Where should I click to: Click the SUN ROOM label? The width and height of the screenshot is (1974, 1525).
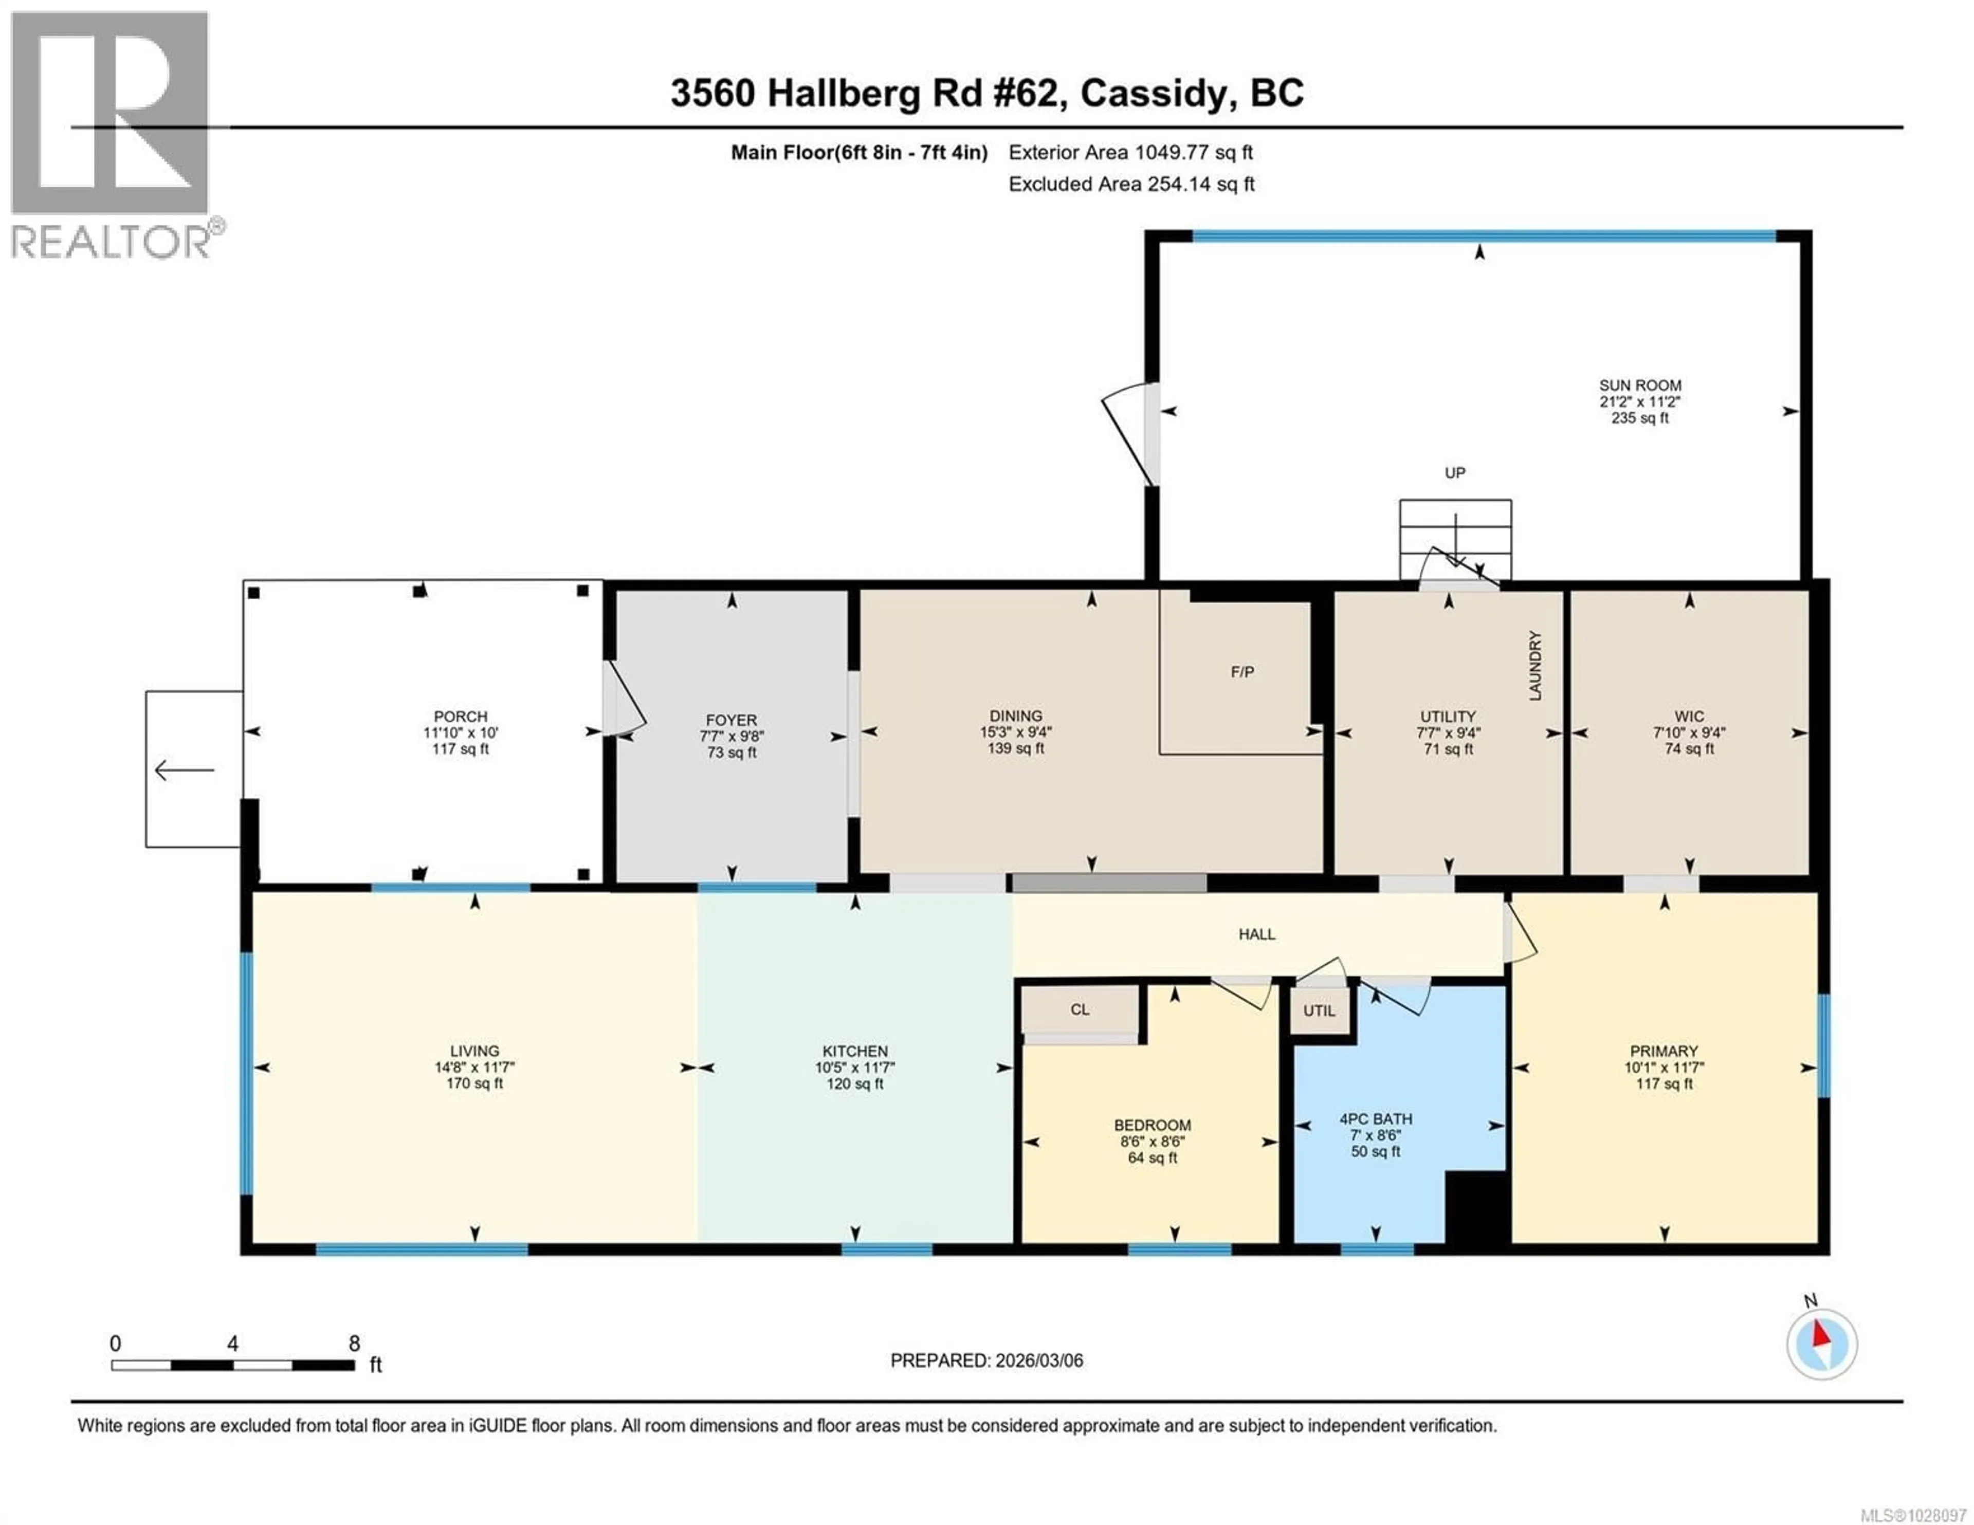pyautogui.click(x=1639, y=385)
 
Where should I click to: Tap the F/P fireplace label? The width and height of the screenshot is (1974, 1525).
pyautogui.click(x=1242, y=672)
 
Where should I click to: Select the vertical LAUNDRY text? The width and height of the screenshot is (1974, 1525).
pyautogui.click(x=1534, y=666)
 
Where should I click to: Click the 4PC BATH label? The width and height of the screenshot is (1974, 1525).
pyautogui.click(x=1376, y=1119)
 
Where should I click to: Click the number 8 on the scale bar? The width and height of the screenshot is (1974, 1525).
pyautogui.click(x=354, y=1343)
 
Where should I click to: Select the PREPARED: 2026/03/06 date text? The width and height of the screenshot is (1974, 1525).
pyautogui.click(x=986, y=1361)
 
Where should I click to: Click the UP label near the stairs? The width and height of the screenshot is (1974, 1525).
pyautogui.click(x=1454, y=473)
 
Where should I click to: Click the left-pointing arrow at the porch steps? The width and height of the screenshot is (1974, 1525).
pyautogui.click(x=185, y=770)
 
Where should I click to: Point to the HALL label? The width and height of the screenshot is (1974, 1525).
pyautogui.click(x=1256, y=934)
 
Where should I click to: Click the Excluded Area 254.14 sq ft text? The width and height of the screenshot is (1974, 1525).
pyautogui.click(x=1131, y=185)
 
